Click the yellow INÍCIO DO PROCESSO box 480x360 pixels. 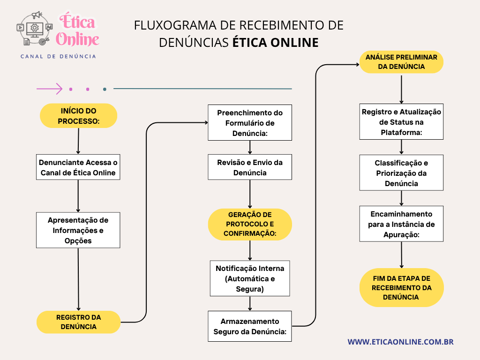[78, 116]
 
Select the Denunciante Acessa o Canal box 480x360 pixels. [78, 167]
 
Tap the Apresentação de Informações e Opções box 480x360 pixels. [78, 230]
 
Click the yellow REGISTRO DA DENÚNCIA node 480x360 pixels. [78, 322]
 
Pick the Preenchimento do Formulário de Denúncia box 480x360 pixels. [250, 123]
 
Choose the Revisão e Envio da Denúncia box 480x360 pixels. [250, 167]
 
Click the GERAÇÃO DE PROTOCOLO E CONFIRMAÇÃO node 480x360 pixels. [250, 225]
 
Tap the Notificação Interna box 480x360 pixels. [250, 278]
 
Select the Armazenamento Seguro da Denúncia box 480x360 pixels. [250, 326]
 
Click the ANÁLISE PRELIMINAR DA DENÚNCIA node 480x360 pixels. [401, 62]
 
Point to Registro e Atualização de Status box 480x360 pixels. [401, 122]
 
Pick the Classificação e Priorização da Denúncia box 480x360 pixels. [401, 173]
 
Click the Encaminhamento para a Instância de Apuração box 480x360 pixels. [401, 224]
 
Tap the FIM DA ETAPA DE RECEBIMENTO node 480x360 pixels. [401, 288]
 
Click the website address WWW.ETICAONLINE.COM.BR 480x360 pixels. [400, 342]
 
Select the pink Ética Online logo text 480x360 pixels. [77, 30]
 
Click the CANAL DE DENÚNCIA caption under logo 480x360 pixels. [58, 56]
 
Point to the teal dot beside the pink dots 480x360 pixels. [105, 89]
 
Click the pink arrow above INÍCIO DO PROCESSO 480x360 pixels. [50, 89]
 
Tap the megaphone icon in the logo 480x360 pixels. [37, 15]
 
